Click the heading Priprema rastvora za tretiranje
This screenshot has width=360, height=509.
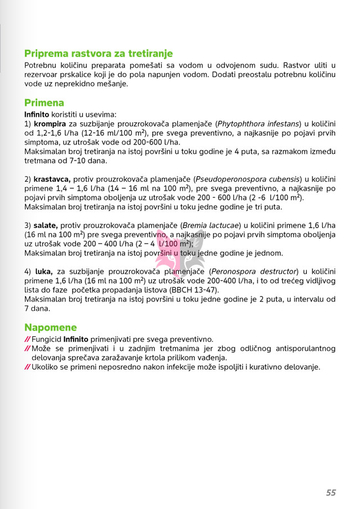99,54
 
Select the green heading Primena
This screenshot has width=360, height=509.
44,103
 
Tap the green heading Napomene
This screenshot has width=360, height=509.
50,327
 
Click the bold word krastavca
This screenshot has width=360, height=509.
52,179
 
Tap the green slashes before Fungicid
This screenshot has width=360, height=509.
27,340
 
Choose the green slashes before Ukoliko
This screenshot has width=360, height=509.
27,367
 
